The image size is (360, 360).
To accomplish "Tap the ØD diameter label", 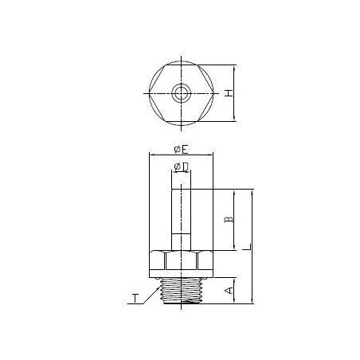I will click(x=180, y=166).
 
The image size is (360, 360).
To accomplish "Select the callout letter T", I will click(x=135, y=299).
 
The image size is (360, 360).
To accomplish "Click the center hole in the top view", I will click(x=180, y=93).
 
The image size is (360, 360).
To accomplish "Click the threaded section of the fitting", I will click(x=180, y=289).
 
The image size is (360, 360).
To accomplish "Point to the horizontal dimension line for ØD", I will click(x=180, y=173).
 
